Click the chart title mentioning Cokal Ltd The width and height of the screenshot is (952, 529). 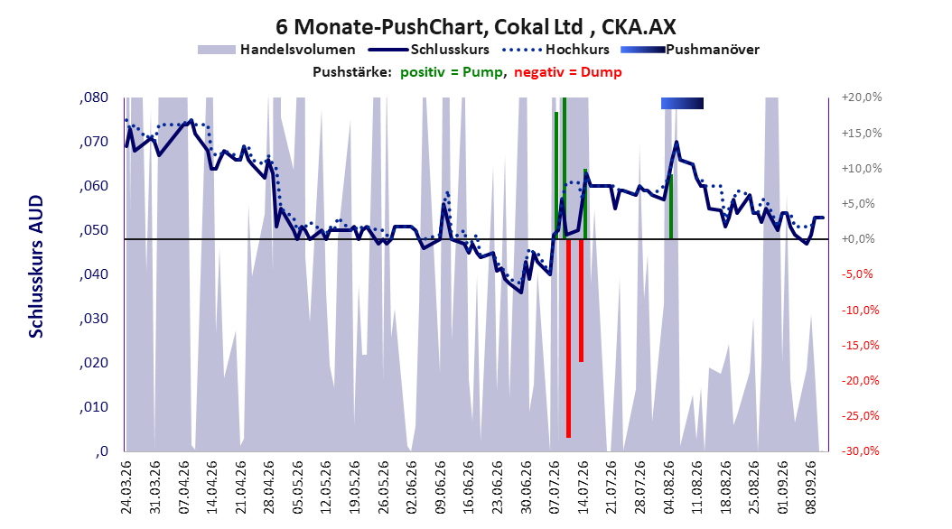click(475, 27)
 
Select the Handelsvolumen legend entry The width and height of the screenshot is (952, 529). click(276, 50)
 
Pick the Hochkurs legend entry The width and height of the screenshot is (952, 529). click(555, 50)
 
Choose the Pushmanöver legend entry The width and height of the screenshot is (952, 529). click(690, 50)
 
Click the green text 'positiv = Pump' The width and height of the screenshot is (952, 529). click(451, 72)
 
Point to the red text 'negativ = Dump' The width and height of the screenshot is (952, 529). click(568, 72)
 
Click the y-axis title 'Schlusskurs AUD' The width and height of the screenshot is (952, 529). click(36, 267)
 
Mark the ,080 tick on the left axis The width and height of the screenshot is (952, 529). click(94, 97)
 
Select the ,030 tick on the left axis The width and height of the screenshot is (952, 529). click(94, 319)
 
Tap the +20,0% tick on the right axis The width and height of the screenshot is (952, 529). click(862, 97)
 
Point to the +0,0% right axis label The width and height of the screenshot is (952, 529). click(858, 239)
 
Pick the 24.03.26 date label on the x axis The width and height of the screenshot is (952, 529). click(126, 487)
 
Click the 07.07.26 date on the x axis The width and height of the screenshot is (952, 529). click(555, 487)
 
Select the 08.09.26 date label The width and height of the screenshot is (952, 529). click(810, 487)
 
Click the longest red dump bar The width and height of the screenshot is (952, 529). click(568, 338)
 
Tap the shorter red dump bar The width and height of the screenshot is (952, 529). click(581, 301)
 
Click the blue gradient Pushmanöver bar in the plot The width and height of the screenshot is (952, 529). click(682, 103)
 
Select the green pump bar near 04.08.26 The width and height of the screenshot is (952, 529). click(671, 207)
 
